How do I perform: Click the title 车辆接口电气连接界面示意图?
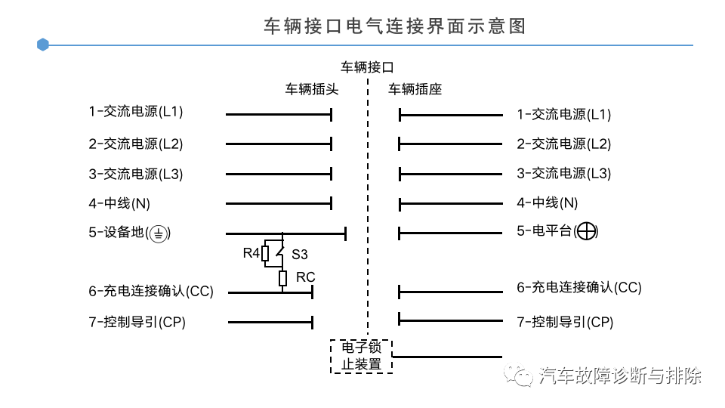[395, 26]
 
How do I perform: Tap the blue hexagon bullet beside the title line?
[42, 45]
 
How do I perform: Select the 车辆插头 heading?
[312, 89]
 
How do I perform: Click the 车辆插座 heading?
[415, 89]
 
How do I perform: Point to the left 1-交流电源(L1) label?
[136, 112]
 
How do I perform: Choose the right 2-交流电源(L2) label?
[564, 144]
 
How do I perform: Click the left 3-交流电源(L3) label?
[136, 174]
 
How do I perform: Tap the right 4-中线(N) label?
[548, 202]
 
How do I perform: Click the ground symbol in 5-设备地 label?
[159, 233]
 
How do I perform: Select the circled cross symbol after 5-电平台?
[586, 231]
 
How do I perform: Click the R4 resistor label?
[251, 253]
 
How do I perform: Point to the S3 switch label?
[300, 255]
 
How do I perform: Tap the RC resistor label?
[305, 277]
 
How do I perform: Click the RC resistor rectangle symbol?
[282, 278]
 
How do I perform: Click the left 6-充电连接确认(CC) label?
[151, 291]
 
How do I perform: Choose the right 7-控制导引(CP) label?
[565, 322]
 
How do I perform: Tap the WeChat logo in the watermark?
[518, 375]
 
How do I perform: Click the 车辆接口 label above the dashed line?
[367, 67]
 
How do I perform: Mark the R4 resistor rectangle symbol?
[265, 254]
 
